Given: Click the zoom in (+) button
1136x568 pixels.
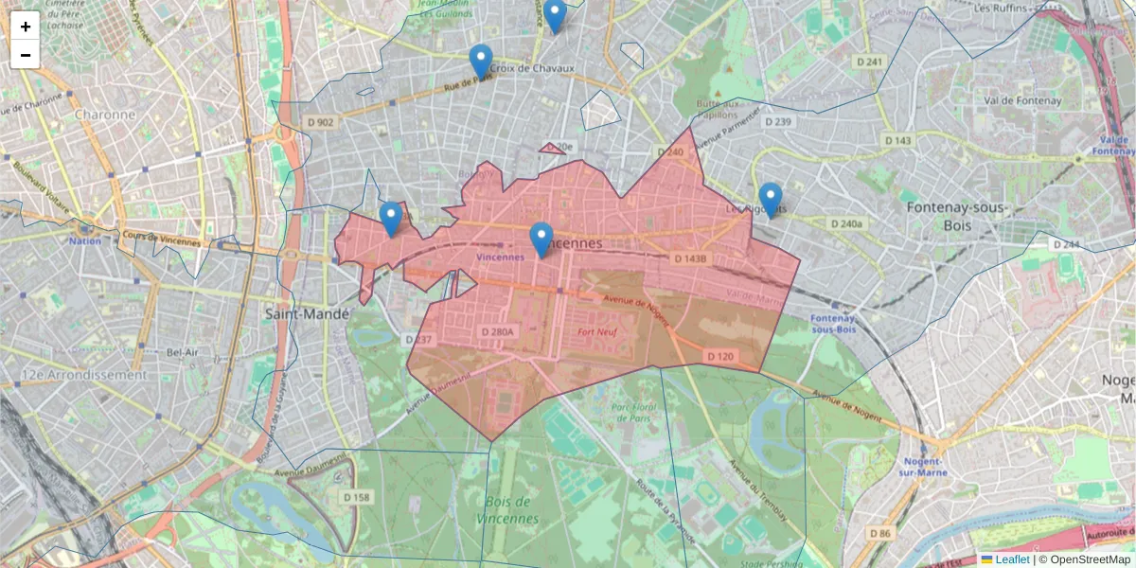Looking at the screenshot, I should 26,27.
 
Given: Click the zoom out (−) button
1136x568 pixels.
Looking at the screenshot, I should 26,55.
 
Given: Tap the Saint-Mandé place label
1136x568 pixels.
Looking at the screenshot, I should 307,312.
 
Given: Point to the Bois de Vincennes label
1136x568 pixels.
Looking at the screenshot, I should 511,509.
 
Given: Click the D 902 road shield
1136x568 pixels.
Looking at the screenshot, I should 321,122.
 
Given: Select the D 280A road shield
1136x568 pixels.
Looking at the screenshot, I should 497,332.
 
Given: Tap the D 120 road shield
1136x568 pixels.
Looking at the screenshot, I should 719,356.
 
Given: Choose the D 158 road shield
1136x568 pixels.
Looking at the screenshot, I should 357,497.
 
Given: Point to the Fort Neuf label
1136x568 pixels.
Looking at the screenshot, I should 598,332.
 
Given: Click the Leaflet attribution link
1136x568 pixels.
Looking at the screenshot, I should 1012,559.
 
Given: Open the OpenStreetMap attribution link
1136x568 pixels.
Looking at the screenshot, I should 1090,559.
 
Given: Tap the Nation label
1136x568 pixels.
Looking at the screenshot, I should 84,240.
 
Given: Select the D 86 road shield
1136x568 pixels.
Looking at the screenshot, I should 879,534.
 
